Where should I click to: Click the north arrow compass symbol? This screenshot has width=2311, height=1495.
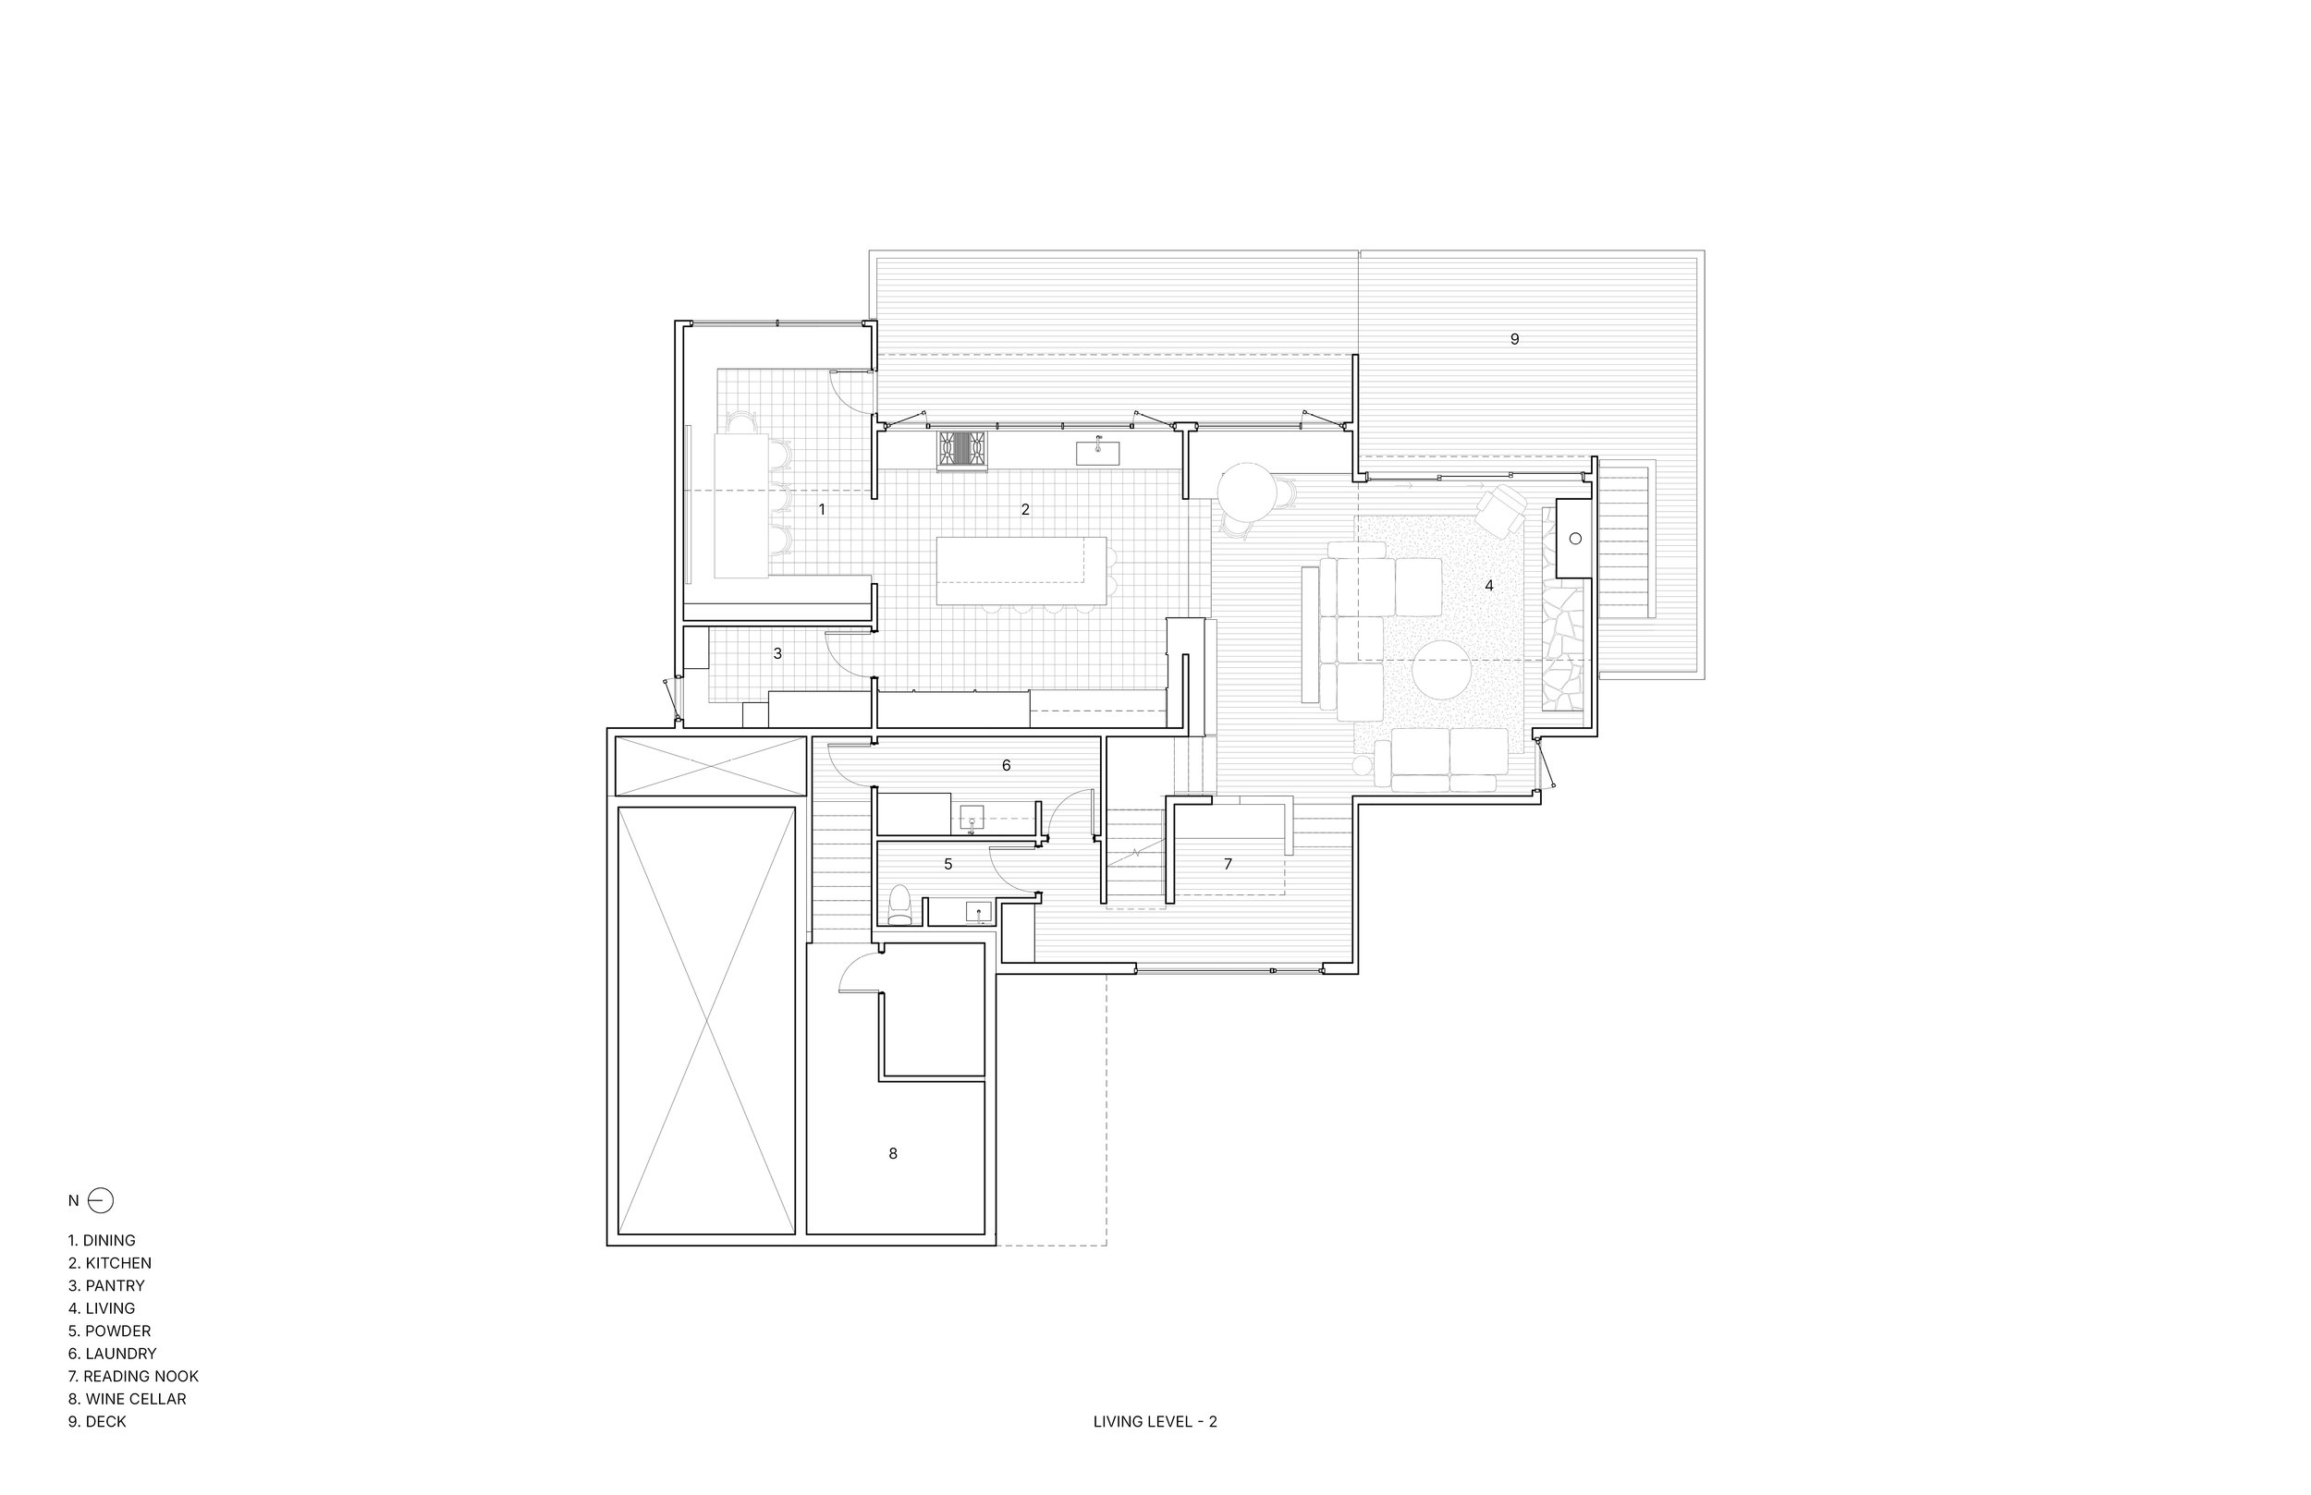tap(100, 1201)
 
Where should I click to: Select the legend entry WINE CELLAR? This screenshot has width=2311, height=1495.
tap(128, 1399)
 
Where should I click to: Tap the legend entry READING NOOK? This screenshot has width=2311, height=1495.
tap(133, 1376)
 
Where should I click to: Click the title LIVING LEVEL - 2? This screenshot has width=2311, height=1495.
tap(1155, 1421)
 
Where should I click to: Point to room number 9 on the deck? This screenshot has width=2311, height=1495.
tap(1514, 339)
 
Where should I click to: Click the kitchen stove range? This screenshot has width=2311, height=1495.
tap(961, 451)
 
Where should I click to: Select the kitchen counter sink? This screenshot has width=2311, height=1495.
tap(1097, 453)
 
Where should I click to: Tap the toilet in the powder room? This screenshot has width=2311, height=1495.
tap(900, 905)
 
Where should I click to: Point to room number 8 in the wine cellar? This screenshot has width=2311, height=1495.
tap(892, 1153)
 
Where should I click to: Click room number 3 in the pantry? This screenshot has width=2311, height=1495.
tap(776, 653)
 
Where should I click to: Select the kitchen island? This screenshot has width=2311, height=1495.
tap(1021, 572)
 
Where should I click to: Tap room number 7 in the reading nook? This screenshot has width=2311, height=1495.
tap(1228, 863)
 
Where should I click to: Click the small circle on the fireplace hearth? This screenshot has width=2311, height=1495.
tap(1575, 538)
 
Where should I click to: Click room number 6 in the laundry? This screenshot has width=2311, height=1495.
tap(1006, 765)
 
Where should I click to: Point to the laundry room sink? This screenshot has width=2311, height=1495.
tap(972, 818)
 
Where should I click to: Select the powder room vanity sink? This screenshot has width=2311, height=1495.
tap(978, 912)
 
